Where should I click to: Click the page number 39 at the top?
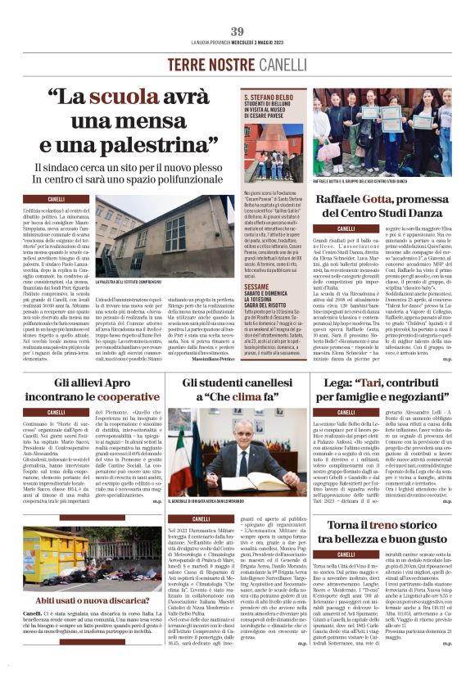[237, 31]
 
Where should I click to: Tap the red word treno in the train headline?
[364, 524]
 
